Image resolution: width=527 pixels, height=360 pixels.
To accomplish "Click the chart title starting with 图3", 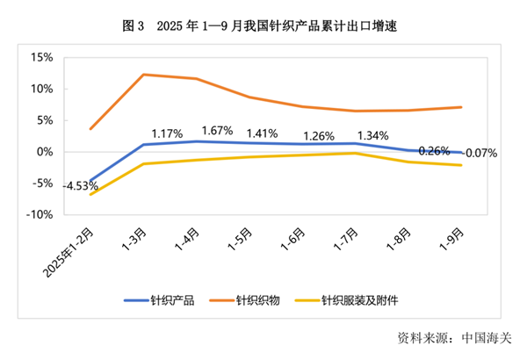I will pos(263,25).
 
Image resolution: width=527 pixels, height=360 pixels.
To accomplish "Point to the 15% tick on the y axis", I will pos(42,57).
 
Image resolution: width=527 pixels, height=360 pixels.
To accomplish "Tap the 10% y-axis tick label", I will pos(42,89).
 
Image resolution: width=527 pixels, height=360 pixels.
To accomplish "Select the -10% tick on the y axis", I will pos(40,214).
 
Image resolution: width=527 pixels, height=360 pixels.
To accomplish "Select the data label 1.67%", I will pos(217,131).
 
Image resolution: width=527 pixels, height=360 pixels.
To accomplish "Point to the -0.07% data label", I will pos(479,153).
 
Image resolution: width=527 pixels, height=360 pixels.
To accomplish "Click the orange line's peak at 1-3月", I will pos(143,75).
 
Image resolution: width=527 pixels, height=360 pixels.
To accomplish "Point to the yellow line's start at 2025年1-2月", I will pos(91,194).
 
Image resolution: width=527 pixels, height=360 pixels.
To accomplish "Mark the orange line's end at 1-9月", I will pos(462,107).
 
